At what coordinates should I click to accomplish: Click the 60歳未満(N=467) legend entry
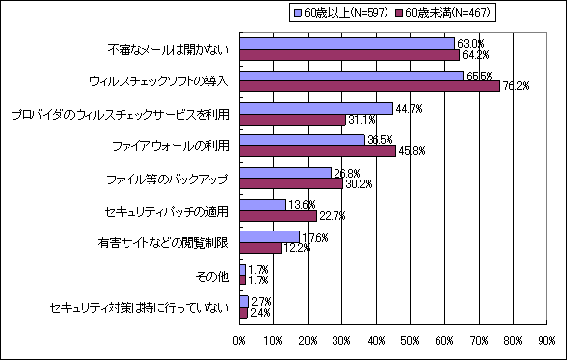445,12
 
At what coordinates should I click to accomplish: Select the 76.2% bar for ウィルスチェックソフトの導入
370,86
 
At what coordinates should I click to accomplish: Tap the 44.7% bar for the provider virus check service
316,108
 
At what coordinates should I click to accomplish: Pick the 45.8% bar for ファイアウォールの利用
318,151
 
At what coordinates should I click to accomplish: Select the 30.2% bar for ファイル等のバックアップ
291,183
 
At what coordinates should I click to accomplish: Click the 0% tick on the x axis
239,340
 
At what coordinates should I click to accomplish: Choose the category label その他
212,276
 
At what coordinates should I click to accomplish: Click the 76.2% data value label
516,86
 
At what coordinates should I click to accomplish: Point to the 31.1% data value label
360,119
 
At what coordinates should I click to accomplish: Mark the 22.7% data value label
332,216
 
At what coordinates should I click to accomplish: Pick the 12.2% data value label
296,248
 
